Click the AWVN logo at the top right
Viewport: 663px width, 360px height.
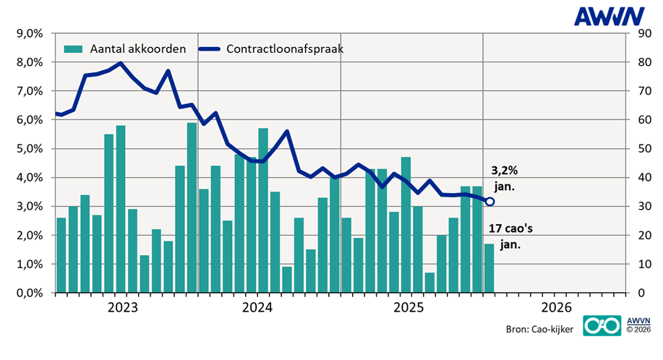point(616,15)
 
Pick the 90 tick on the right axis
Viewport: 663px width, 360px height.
point(641,33)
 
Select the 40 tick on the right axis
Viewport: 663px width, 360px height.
point(641,178)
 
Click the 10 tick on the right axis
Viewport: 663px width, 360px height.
point(641,265)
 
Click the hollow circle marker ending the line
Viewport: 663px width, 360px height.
point(489,202)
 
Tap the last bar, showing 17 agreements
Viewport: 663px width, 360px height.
point(489,268)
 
